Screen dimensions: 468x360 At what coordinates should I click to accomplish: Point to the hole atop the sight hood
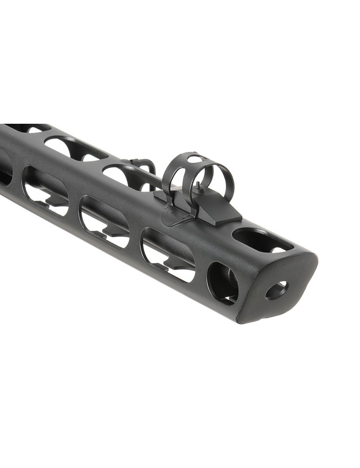pos(194,158)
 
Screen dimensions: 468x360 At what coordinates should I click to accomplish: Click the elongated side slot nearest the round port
pos(169,255)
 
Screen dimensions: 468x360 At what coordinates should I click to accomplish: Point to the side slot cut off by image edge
pos(4,169)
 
